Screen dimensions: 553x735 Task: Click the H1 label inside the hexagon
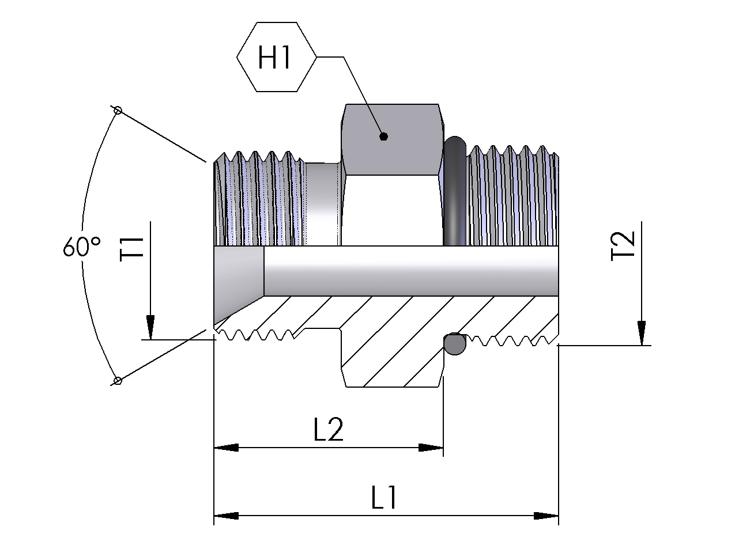pyautogui.click(x=276, y=57)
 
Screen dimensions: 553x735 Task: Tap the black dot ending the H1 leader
pyautogui.click(x=383, y=137)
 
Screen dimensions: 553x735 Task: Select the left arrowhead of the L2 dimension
pyautogui.click(x=225, y=448)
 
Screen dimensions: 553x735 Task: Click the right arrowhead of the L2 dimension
pyautogui.click(x=431, y=448)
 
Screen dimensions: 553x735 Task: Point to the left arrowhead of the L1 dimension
pyautogui.click(x=225, y=516)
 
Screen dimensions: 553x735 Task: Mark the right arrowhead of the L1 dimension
pyautogui.click(x=546, y=516)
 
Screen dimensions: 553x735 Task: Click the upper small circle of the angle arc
pyautogui.click(x=118, y=109)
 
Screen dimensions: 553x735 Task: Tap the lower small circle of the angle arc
pyautogui.click(x=118, y=380)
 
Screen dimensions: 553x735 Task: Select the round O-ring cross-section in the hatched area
pyautogui.click(x=454, y=344)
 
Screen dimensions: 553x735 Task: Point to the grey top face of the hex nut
pyautogui.click(x=393, y=138)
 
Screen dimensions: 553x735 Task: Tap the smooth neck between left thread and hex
pyautogui.click(x=322, y=202)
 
